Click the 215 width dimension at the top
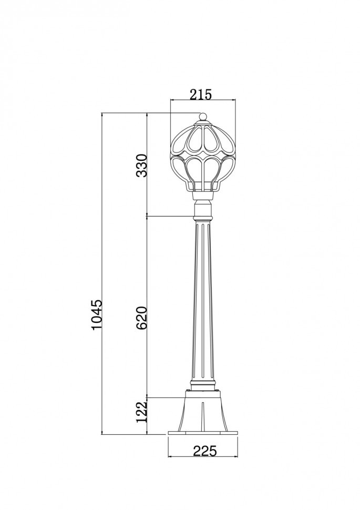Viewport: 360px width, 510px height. tap(200, 95)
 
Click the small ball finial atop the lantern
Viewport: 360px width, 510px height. tap(203, 116)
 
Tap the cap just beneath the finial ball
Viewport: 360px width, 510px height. tap(203, 124)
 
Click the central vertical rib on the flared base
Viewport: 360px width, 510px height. tap(203, 415)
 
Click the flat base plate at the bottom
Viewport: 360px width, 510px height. tap(203, 433)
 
